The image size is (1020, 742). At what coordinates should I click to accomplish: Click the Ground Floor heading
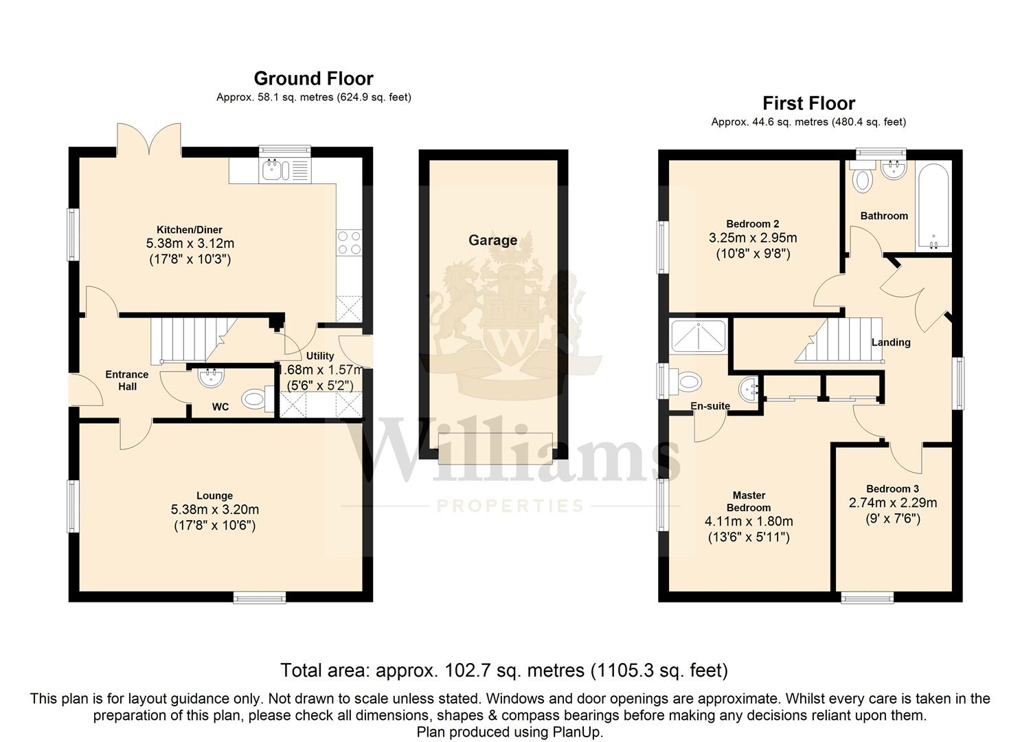[313, 78]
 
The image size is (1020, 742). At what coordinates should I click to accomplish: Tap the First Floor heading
[808, 103]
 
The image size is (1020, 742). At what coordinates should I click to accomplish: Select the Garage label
[492, 240]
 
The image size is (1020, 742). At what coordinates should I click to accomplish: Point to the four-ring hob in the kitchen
[349, 243]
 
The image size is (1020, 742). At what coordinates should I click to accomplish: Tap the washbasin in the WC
[212, 378]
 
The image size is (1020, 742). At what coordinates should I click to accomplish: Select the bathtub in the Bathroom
[933, 206]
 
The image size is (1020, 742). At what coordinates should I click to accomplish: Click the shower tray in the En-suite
[699, 336]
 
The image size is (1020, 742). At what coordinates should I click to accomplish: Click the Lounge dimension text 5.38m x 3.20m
[215, 509]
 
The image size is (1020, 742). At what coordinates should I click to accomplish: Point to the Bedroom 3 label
[892, 488]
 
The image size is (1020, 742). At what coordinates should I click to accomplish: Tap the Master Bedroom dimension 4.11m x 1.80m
[749, 521]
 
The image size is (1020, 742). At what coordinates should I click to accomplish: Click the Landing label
[891, 343]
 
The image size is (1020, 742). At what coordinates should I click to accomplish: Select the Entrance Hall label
[127, 381]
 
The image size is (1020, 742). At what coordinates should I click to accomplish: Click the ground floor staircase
[194, 340]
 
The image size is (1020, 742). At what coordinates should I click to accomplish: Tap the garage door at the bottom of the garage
[495, 449]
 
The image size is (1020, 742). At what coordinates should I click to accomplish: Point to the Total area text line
[504, 671]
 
